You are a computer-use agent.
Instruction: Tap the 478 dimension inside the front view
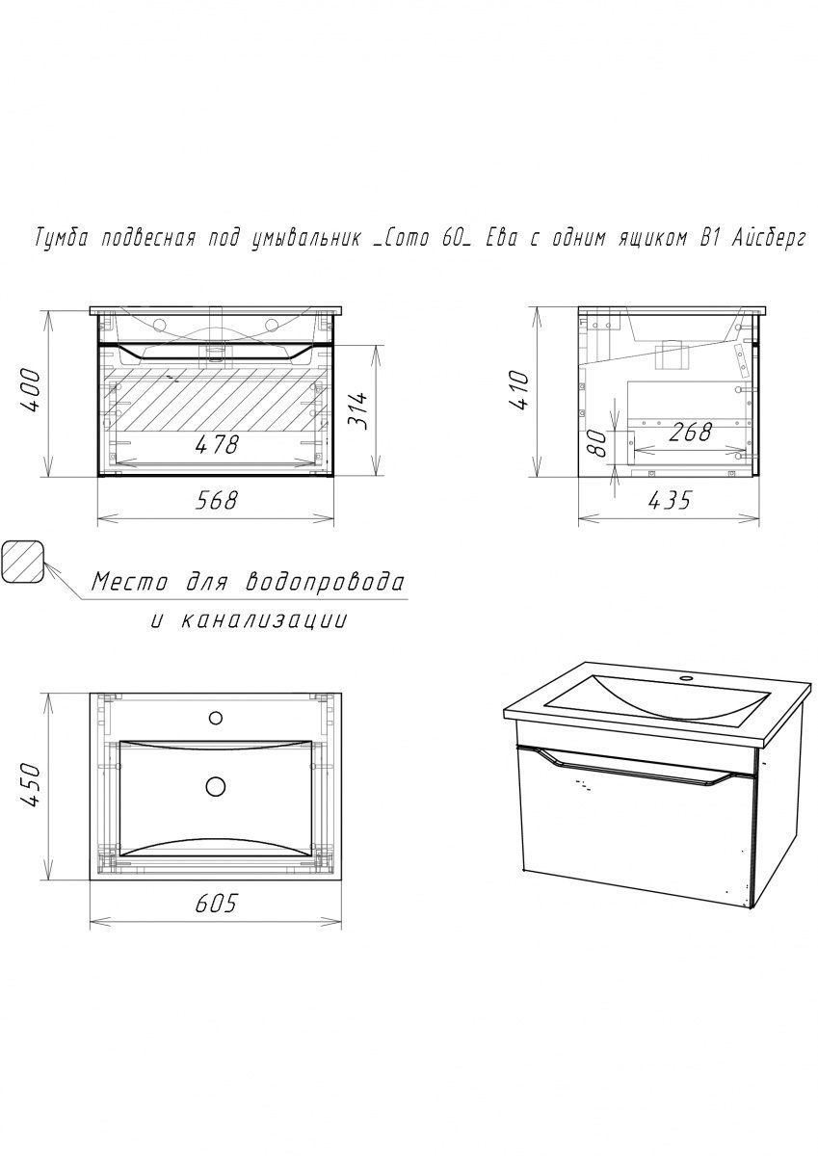point(218,444)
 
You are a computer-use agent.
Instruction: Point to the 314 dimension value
point(357,410)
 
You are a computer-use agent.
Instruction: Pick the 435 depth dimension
point(669,500)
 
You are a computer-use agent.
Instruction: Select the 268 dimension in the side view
point(691,432)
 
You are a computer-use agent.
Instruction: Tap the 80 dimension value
point(597,443)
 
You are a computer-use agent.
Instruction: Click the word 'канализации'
point(264,620)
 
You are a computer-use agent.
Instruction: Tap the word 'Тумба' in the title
point(62,239)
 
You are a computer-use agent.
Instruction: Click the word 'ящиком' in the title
point(649,240)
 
